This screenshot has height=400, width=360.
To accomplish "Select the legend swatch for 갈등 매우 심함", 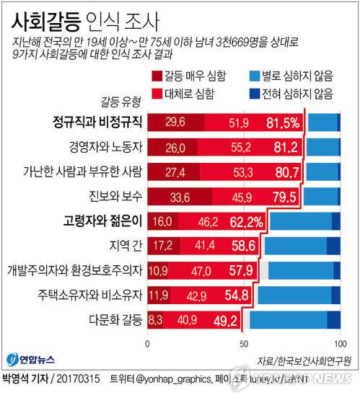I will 157,75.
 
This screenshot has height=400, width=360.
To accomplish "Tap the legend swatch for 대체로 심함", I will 157,92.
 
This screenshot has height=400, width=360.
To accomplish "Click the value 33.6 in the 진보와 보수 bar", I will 177,197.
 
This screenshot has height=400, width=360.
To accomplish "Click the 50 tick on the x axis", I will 243,344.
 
